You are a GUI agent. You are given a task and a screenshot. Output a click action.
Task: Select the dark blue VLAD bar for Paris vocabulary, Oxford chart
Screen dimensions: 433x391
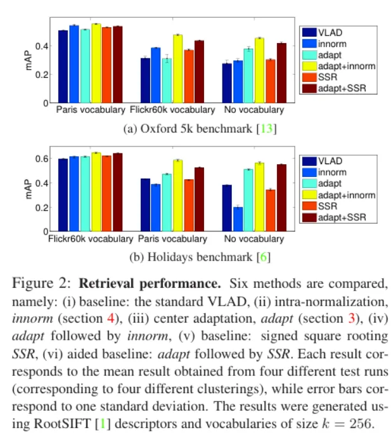[x=63, y=67]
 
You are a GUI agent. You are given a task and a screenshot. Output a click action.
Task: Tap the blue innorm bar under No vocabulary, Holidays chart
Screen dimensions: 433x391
[x=238, y=219]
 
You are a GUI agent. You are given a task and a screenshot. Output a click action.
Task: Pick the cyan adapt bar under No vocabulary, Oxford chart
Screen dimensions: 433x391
[x=248, y=75]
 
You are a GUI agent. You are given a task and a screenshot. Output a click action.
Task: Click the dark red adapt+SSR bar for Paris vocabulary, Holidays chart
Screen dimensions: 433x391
[x=199, y=200]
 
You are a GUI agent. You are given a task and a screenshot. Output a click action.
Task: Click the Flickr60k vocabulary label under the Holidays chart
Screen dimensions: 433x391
[x=91, y=240]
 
